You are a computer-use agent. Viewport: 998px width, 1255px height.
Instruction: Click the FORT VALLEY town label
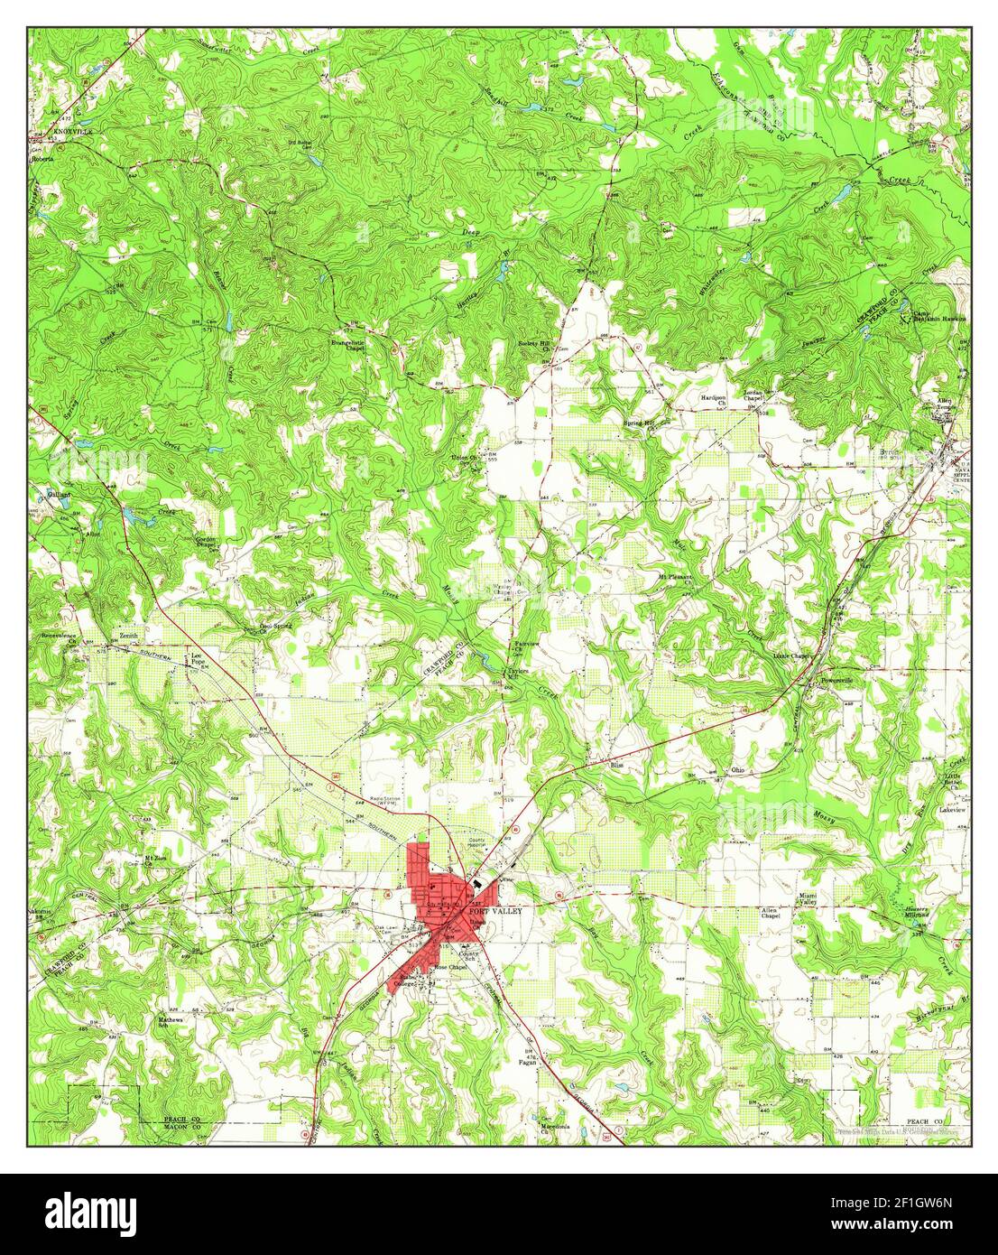pos(495,912)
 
